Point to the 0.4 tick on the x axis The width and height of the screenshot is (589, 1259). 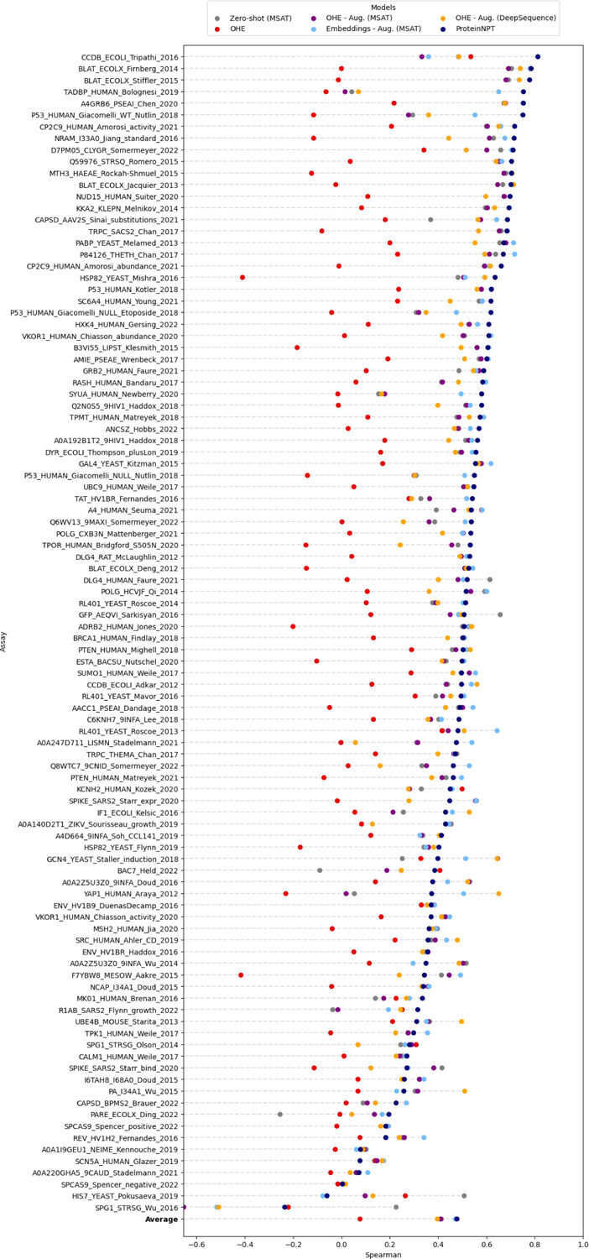(438, 1235)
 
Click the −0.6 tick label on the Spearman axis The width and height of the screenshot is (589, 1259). (195, 1235)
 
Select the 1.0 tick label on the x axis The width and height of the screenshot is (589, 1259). (583, 1235)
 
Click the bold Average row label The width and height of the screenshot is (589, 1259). (159, 1219)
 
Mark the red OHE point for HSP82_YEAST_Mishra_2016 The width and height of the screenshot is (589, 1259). (242, 277)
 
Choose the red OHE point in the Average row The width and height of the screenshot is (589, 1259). (360, 1219)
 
